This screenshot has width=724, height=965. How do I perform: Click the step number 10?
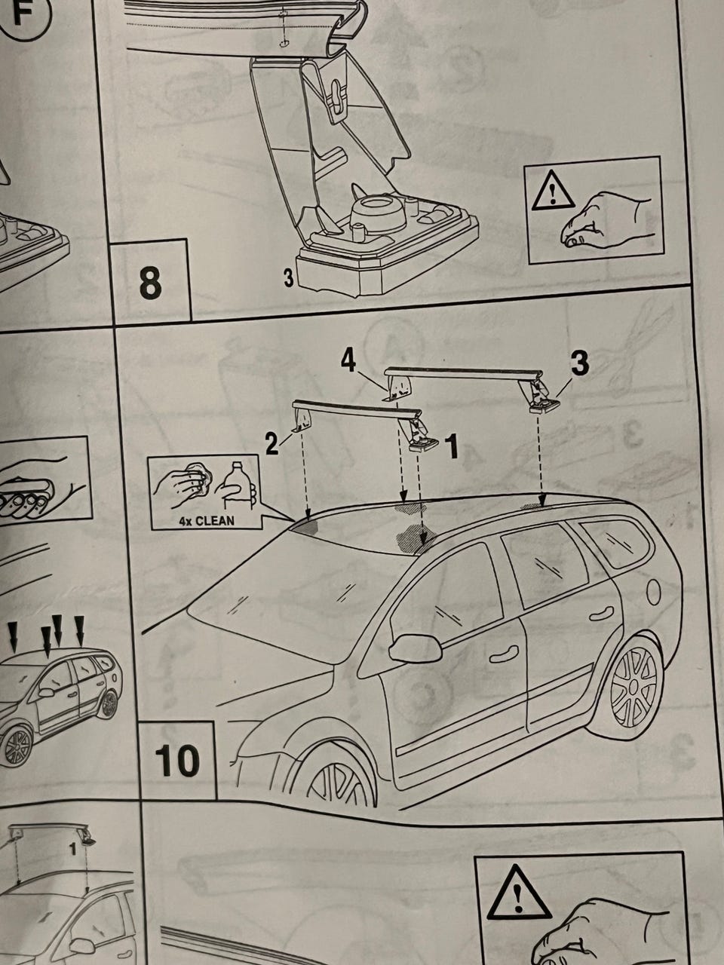pyautogui.click(x=177, y=761)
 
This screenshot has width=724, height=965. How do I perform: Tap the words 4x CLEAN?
pyautogui.click(x=207, y=522)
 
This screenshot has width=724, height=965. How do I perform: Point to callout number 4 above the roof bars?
pyautogui.click(x=348, y=363)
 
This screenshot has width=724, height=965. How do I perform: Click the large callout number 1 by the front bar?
pyautogui.click(x=452, y=446)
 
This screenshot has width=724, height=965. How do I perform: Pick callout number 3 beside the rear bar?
pyautogui.click(x=579, y=363)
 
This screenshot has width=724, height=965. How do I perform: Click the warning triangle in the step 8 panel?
pyautogui.click(x=553, y=190)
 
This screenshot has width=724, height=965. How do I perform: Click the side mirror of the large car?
pyautogui.click(x=416, y=648)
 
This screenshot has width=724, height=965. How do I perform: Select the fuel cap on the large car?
pyautogui.click(x=653, y=591)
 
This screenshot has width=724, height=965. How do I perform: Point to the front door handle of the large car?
pyautogui.click(x=504, y=655)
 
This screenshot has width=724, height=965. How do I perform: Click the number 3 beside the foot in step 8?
pyautogui.click(x=288, y=278)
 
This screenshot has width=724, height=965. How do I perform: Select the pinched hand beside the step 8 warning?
pyautogui.click(x=604, y=219)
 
